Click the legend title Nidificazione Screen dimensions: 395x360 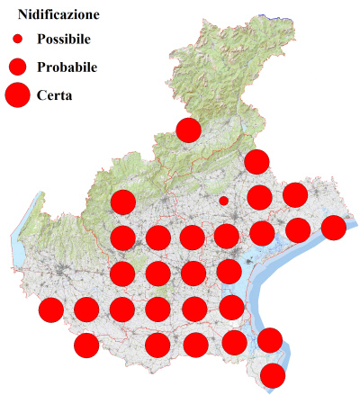pos(58,15)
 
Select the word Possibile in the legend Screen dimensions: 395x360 pos(67,40)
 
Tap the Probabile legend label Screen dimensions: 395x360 pos(67,67)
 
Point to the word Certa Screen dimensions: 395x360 pos(55,94)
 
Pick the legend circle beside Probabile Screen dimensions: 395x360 pos(17,67)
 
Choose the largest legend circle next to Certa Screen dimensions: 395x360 pos(17,94)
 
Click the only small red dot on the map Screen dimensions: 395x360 pos(223,201)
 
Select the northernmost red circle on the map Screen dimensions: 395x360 pos(188,130)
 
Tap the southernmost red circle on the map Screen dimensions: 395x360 pos(273,375)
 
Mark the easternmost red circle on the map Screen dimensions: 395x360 pos(333,228)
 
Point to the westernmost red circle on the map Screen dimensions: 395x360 pos(51,310)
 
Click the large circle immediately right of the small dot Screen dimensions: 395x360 pos(259,197)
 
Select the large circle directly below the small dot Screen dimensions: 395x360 pos(227,237)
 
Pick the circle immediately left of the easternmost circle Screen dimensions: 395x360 pos(297,229)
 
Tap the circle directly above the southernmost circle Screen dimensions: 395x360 pos(269,340)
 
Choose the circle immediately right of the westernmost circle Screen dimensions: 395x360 pos(86,310)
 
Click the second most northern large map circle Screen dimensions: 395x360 pos(256,162)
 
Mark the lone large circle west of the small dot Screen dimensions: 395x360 pos(122,202)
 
